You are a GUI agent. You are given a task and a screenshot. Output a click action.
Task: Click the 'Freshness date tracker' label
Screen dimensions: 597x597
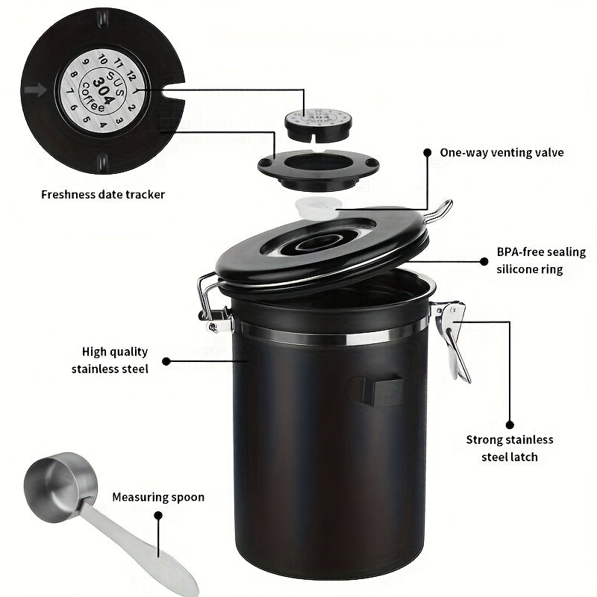[103, 195]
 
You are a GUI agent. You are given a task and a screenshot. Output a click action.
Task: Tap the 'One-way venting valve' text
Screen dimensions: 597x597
[501, 153]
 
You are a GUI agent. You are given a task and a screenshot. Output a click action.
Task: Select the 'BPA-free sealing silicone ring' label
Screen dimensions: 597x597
[541, 260]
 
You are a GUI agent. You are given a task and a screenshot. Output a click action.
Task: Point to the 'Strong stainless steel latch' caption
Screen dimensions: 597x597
[510, 448]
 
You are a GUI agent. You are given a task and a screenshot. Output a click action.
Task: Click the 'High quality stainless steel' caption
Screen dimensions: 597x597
[110, 360]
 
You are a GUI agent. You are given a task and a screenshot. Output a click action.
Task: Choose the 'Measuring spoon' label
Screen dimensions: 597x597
[158, 497]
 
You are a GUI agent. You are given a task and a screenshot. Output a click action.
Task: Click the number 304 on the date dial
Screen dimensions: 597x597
[103, 91]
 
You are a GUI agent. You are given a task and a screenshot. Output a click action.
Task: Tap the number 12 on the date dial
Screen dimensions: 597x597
[131, 76]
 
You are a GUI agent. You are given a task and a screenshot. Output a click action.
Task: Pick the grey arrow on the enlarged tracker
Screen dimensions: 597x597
[35, 90]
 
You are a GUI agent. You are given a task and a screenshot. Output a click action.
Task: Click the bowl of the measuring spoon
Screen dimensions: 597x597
[60, 487]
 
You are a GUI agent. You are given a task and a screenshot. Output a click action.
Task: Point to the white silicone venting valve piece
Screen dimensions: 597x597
[316, 208]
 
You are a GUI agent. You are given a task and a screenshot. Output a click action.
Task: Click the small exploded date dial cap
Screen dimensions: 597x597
[318, 125]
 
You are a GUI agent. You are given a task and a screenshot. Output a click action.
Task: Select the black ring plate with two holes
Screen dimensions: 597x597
[319, 169]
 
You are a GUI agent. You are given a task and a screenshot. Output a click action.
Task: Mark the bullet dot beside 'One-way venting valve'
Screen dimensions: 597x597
[427, 153]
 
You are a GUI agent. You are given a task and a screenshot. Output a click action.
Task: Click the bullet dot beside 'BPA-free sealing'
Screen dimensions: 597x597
[484, 262]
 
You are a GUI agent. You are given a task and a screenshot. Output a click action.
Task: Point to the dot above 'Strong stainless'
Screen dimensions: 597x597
[510, 425]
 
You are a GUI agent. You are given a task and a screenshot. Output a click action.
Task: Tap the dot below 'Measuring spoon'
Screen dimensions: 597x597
[158, 516]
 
